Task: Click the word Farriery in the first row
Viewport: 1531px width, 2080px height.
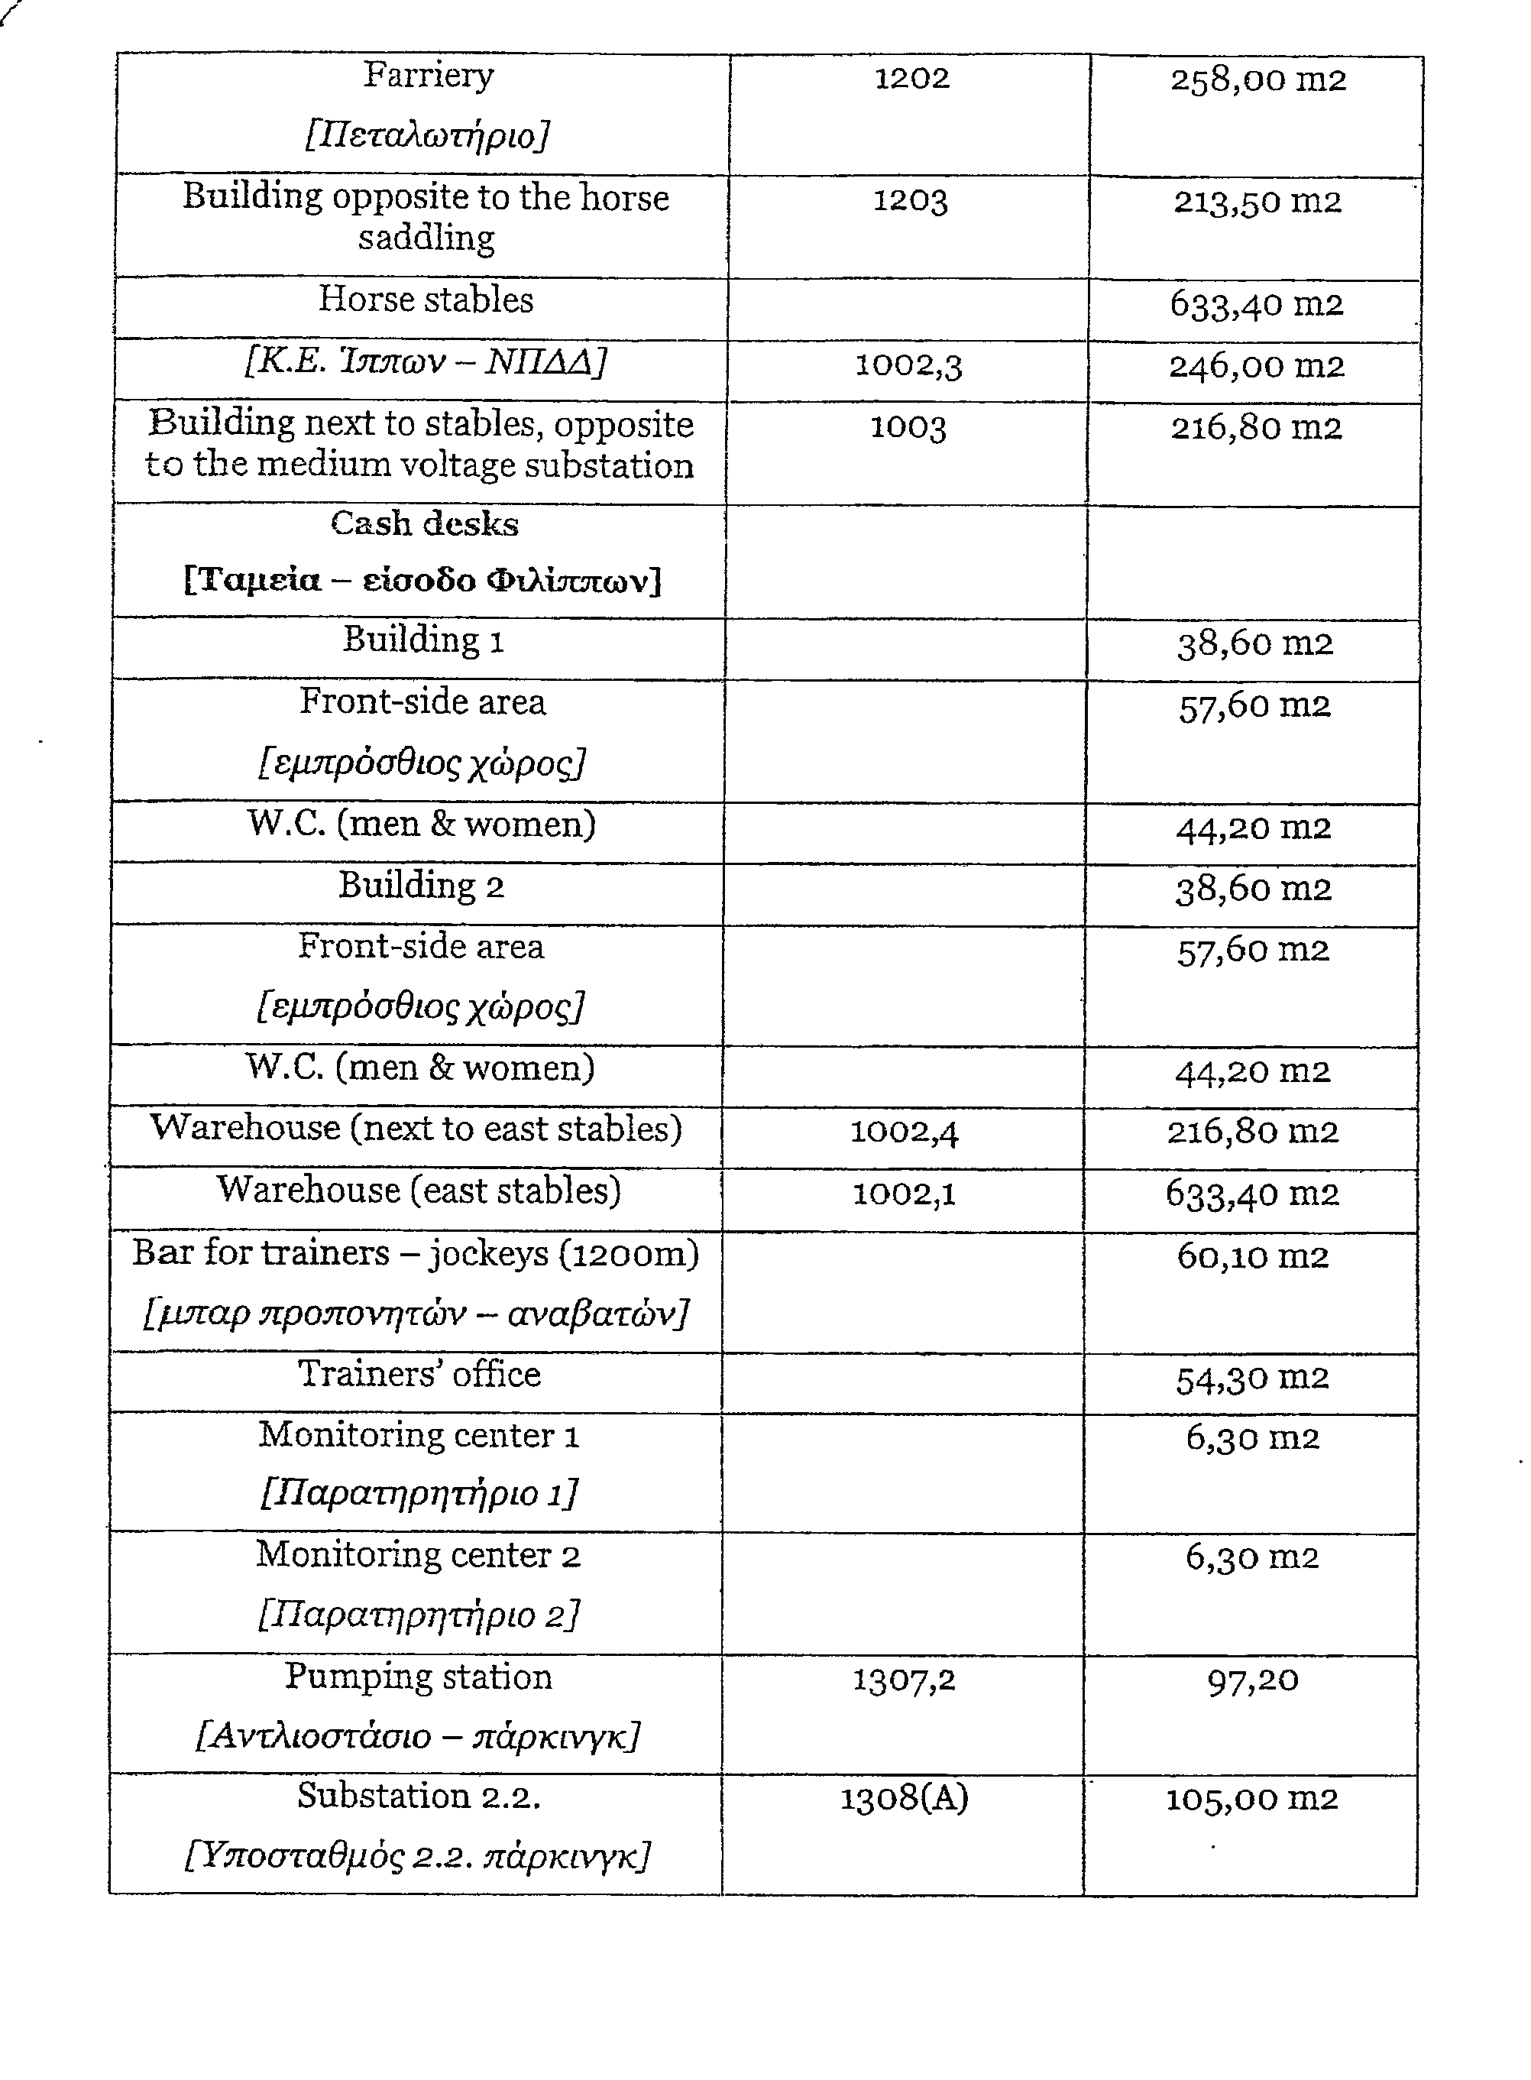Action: point(427,76)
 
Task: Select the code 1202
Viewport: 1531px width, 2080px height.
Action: point(912,79)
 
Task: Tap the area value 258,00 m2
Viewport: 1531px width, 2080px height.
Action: point(1257,81)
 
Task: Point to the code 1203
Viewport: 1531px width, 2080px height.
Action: point(910,201)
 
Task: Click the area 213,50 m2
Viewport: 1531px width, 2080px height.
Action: point(1257,202)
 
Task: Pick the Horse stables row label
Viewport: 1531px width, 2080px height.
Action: point(426,300)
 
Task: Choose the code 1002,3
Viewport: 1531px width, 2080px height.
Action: point(908,365)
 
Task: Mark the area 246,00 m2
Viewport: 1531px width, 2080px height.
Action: point(1256,366)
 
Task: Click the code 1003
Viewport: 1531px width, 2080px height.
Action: point(908,427)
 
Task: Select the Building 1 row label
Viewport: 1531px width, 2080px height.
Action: point(422,640)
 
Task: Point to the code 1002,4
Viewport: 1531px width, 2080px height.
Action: point(904,1132)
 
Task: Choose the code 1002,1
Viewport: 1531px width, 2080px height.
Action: point(904,1194)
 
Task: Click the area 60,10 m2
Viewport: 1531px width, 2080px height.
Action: point(1252,1257)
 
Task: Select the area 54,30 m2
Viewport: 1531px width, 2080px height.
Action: point(1252,1379)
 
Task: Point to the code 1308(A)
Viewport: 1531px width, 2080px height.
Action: point(904,1799)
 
